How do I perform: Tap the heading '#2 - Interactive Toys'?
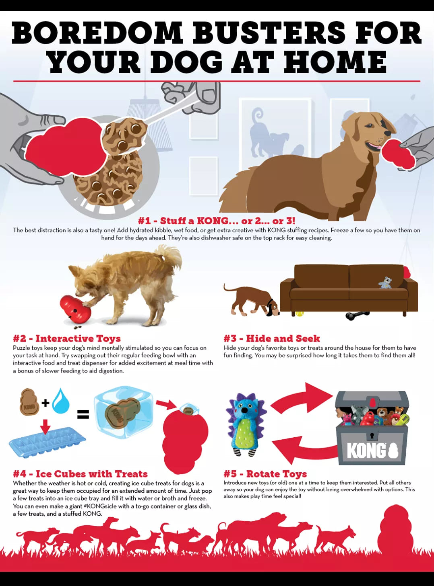(x=67, y=338)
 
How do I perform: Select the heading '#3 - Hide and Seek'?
(x=272, y=338)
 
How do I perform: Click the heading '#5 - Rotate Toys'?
(x=265, y=474)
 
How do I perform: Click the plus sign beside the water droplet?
(x=45, y=403)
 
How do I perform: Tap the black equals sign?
(x=83, y=414)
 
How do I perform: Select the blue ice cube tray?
(x=47, y=442)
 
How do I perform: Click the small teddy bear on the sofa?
(x=385, y=283)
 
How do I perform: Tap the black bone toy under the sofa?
(x=358, y=316)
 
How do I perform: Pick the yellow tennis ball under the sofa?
(x=300, y=313)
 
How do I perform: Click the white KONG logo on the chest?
(x=373, y=450)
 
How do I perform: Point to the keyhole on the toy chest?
(x=372, y=434)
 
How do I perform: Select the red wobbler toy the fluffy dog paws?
(x=75, y=309)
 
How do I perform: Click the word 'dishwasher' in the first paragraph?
(x=216, y=238)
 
